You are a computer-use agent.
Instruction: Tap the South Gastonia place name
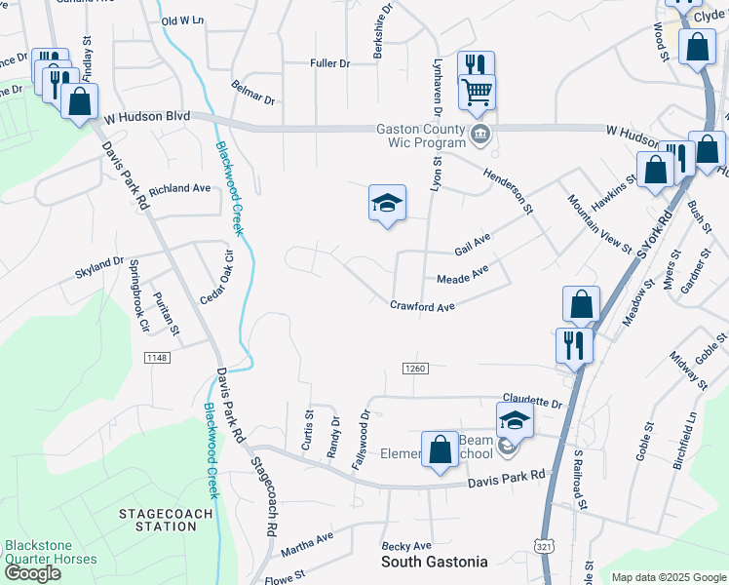[x=434, y=562]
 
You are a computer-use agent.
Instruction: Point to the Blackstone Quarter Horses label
[x=51, y=552]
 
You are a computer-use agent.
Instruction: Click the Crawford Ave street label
[x=424, y=307]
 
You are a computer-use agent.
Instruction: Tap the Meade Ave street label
[x=462, y=277]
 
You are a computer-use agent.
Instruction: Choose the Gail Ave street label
[x=473, y=240]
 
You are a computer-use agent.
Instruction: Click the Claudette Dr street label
[x=533, y=403]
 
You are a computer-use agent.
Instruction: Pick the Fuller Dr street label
[x=329, y=63]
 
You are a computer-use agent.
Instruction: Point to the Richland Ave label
[x=180, y=188]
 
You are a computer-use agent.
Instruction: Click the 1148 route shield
[x=157, y=358]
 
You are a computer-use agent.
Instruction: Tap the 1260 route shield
[x=415, y=367]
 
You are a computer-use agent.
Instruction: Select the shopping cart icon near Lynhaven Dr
[x=477, y=93]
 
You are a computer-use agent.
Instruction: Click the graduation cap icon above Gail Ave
[x=387, y=204]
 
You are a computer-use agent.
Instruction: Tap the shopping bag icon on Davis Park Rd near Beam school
[x=440, y=448]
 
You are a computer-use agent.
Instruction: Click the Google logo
[x=32, y=573]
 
